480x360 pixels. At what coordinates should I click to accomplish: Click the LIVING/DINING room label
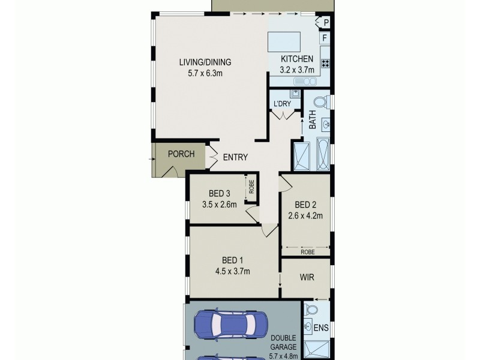pyautogui.click(x=205, y=62)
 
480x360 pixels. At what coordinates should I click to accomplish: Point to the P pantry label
pyautogui.click(x=326, y=23)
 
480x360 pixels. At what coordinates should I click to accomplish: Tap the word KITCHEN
pyautogui.click(x=297, y=59)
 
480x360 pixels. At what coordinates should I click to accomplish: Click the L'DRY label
pyautogui.click(x=282, y=104)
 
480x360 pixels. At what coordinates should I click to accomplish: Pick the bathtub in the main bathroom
pyautogui.click(x=323, y=155)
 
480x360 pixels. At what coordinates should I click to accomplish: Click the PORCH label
pyautogui.click(x=181, y=154)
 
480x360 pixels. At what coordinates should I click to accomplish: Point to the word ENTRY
pyautogui.click(x=235, y=158)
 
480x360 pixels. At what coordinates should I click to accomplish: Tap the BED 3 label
pyautogui.click(x=220, y=193)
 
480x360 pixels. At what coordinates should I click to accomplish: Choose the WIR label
pyautogui.click(x=306, y=278)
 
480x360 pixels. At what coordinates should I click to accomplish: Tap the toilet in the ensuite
pyautogui.click(x=311, y=310)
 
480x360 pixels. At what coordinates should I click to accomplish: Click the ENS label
pyautogui.click(x=320, y=329)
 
